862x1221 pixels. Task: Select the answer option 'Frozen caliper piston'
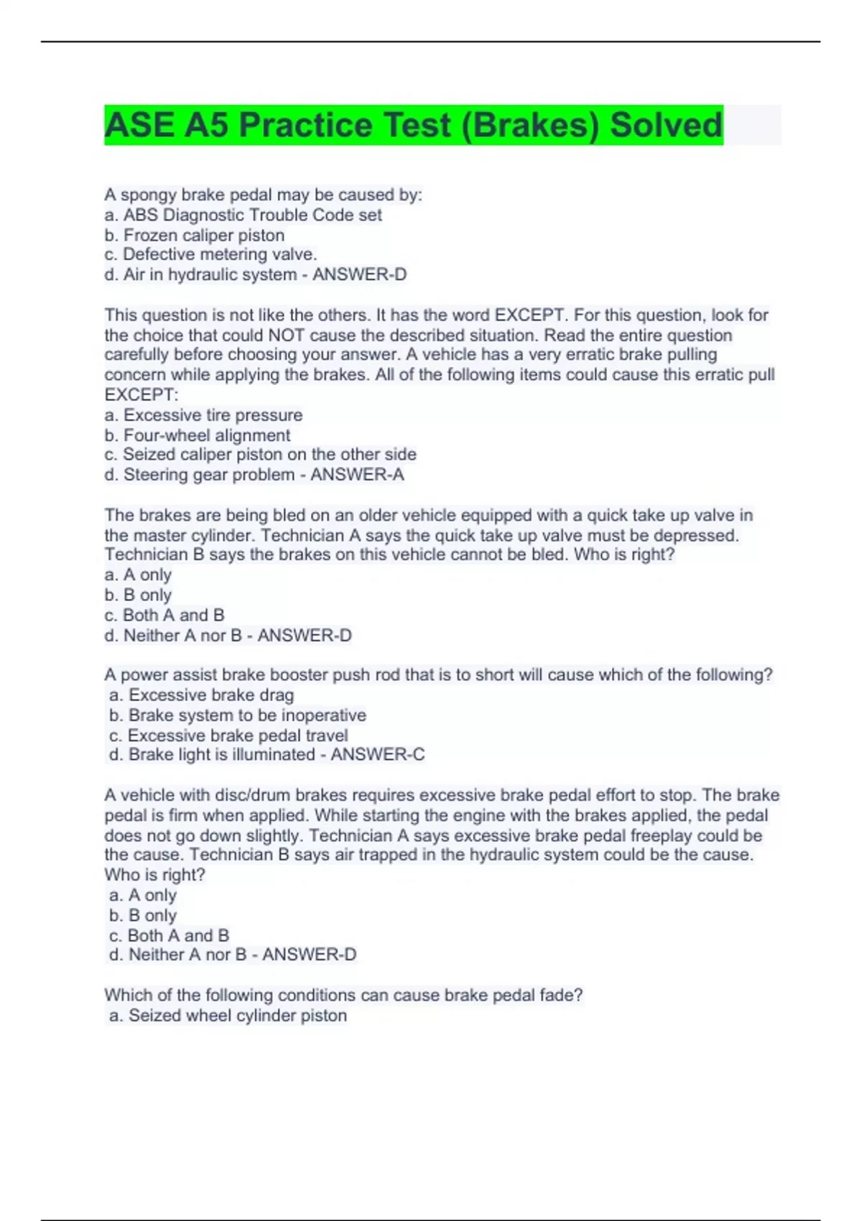pos(203,235)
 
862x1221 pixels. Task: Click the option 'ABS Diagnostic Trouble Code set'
pos(252,215)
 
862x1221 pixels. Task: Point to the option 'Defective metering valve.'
pos(219,254)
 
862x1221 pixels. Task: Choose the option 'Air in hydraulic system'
pos(210,274)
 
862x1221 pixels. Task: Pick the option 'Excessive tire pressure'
pos(213,415)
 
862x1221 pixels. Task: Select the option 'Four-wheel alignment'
pos(207,435)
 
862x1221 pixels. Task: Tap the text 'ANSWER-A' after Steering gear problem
pos(357,475)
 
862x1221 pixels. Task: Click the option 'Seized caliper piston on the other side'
pos(269,455)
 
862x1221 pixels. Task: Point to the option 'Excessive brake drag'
pos(210,695)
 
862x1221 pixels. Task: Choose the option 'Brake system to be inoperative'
pos(246,715)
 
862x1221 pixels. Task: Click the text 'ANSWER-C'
pos(377,755)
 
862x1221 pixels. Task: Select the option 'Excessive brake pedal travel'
pos(237,735)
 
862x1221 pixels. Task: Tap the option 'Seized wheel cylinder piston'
pos(237,1016)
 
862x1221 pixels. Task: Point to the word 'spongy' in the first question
pos(149,195)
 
